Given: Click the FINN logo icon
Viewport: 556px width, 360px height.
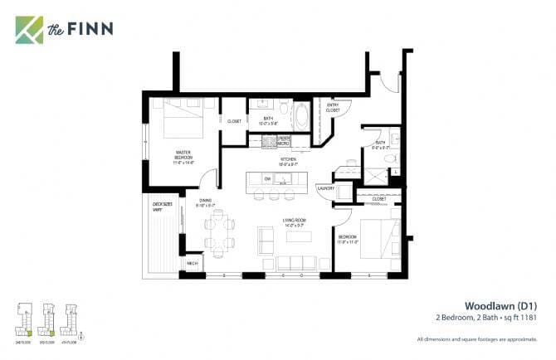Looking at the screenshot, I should [x=29, y=29].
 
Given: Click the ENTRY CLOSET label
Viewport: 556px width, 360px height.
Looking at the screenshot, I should [x=333, y=107].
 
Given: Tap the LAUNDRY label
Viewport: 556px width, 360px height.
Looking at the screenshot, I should [x=325, y=188].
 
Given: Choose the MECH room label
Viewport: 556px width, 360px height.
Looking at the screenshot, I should [x=193, y=264].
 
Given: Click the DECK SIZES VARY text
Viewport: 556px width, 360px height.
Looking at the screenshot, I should [x=162, y=205].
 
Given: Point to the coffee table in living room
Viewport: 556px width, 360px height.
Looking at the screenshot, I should [x=300, y=236].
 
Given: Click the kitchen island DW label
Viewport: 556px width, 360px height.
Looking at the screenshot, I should [x=267, y=179].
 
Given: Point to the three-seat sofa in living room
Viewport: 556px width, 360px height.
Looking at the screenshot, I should [x=295, y=263].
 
